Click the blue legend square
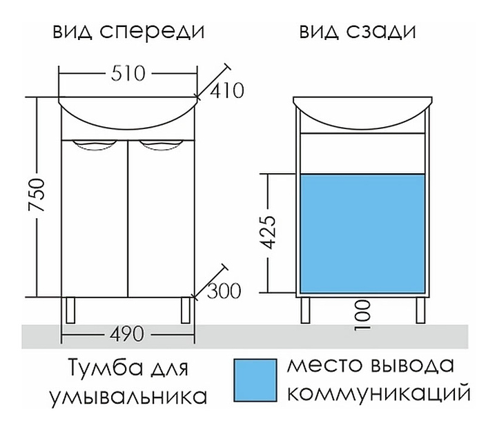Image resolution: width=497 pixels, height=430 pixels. click(x=253, y=380)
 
